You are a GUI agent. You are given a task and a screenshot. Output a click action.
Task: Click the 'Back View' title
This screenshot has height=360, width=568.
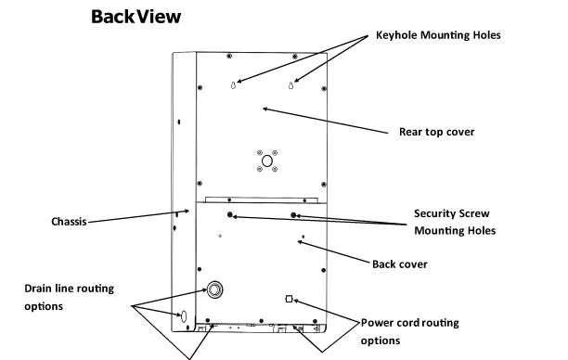136,17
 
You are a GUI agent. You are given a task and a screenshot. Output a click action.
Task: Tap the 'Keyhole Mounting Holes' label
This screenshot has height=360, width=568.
438,35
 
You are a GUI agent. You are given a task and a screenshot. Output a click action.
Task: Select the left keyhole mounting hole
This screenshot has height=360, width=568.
234,85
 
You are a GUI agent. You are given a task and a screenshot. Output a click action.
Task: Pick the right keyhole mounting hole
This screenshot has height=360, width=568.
290,85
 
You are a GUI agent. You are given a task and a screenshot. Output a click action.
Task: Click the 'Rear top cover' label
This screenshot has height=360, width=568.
436,132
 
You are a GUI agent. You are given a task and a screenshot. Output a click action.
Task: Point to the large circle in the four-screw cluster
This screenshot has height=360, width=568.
267,161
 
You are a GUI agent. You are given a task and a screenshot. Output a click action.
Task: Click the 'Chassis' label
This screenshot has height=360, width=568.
69,222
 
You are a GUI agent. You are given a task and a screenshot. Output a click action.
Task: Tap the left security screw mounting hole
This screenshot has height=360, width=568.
229,214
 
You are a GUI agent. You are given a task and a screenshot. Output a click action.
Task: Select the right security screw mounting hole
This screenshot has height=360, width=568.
293,215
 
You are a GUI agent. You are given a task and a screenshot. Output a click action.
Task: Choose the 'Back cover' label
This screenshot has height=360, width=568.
400,264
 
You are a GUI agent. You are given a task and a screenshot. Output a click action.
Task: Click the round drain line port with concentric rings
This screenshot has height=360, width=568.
214,289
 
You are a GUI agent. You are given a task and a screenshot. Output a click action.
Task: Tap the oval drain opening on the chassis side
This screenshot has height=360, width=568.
183,316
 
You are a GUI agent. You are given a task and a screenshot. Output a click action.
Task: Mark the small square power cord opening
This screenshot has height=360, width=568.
289,299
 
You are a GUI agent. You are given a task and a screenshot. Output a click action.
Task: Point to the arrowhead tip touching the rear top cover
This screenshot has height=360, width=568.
263,109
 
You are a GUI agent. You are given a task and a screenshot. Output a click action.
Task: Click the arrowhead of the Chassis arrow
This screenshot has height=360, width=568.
189,211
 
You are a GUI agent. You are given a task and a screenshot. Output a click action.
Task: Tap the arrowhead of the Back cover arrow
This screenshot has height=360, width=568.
298,241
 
